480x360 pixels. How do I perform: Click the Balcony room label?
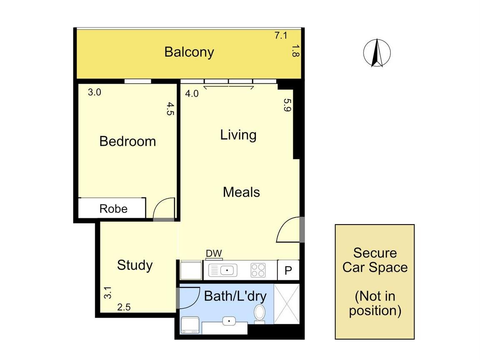tap(189, 52)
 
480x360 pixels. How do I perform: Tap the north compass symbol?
tap(377, 52)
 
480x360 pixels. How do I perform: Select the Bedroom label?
tap(127, 141)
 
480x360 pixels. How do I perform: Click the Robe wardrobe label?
tap(113, 209)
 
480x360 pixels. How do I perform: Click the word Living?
tap(238, 135)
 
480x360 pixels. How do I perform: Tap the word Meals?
tap(241, 192)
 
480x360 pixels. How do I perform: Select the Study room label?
tap(135, 265)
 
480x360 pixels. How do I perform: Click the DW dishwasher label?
tap(214, 253)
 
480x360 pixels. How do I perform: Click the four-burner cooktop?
tap(258, 270)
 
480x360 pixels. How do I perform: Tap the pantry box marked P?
tap(288, 270)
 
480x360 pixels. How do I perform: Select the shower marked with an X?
tap(287, 304)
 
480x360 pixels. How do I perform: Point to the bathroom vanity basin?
tap(229, 321)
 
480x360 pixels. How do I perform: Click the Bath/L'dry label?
tap(235, 296)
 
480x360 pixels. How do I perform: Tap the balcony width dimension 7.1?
tap(281, 35)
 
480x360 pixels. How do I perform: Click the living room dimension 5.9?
tap(287, 105)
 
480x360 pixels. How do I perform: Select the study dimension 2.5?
tap(124, 307)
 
